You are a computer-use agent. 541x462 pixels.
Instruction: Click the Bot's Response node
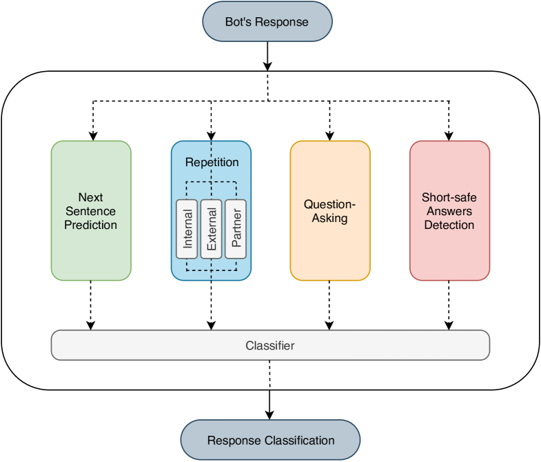(267, 21)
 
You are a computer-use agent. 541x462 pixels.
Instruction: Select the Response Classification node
(270, 440)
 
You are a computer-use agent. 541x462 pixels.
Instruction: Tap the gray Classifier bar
(270, 345)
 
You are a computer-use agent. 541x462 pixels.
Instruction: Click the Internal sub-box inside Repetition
(187, 228)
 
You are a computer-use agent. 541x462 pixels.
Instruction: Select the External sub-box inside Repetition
(212, 228)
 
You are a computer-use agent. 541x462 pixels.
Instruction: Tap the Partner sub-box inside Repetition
(236, 228)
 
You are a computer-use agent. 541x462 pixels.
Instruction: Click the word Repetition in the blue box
(212, 163)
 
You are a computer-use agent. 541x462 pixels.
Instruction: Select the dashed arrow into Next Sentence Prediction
(91, 121)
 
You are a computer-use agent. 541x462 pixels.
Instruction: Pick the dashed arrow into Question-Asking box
(329, 121)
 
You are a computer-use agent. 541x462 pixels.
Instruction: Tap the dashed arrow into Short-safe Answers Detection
(449, 121)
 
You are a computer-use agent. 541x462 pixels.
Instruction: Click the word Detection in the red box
(449, 225)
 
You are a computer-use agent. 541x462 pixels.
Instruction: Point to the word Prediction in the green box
(91, 225)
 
